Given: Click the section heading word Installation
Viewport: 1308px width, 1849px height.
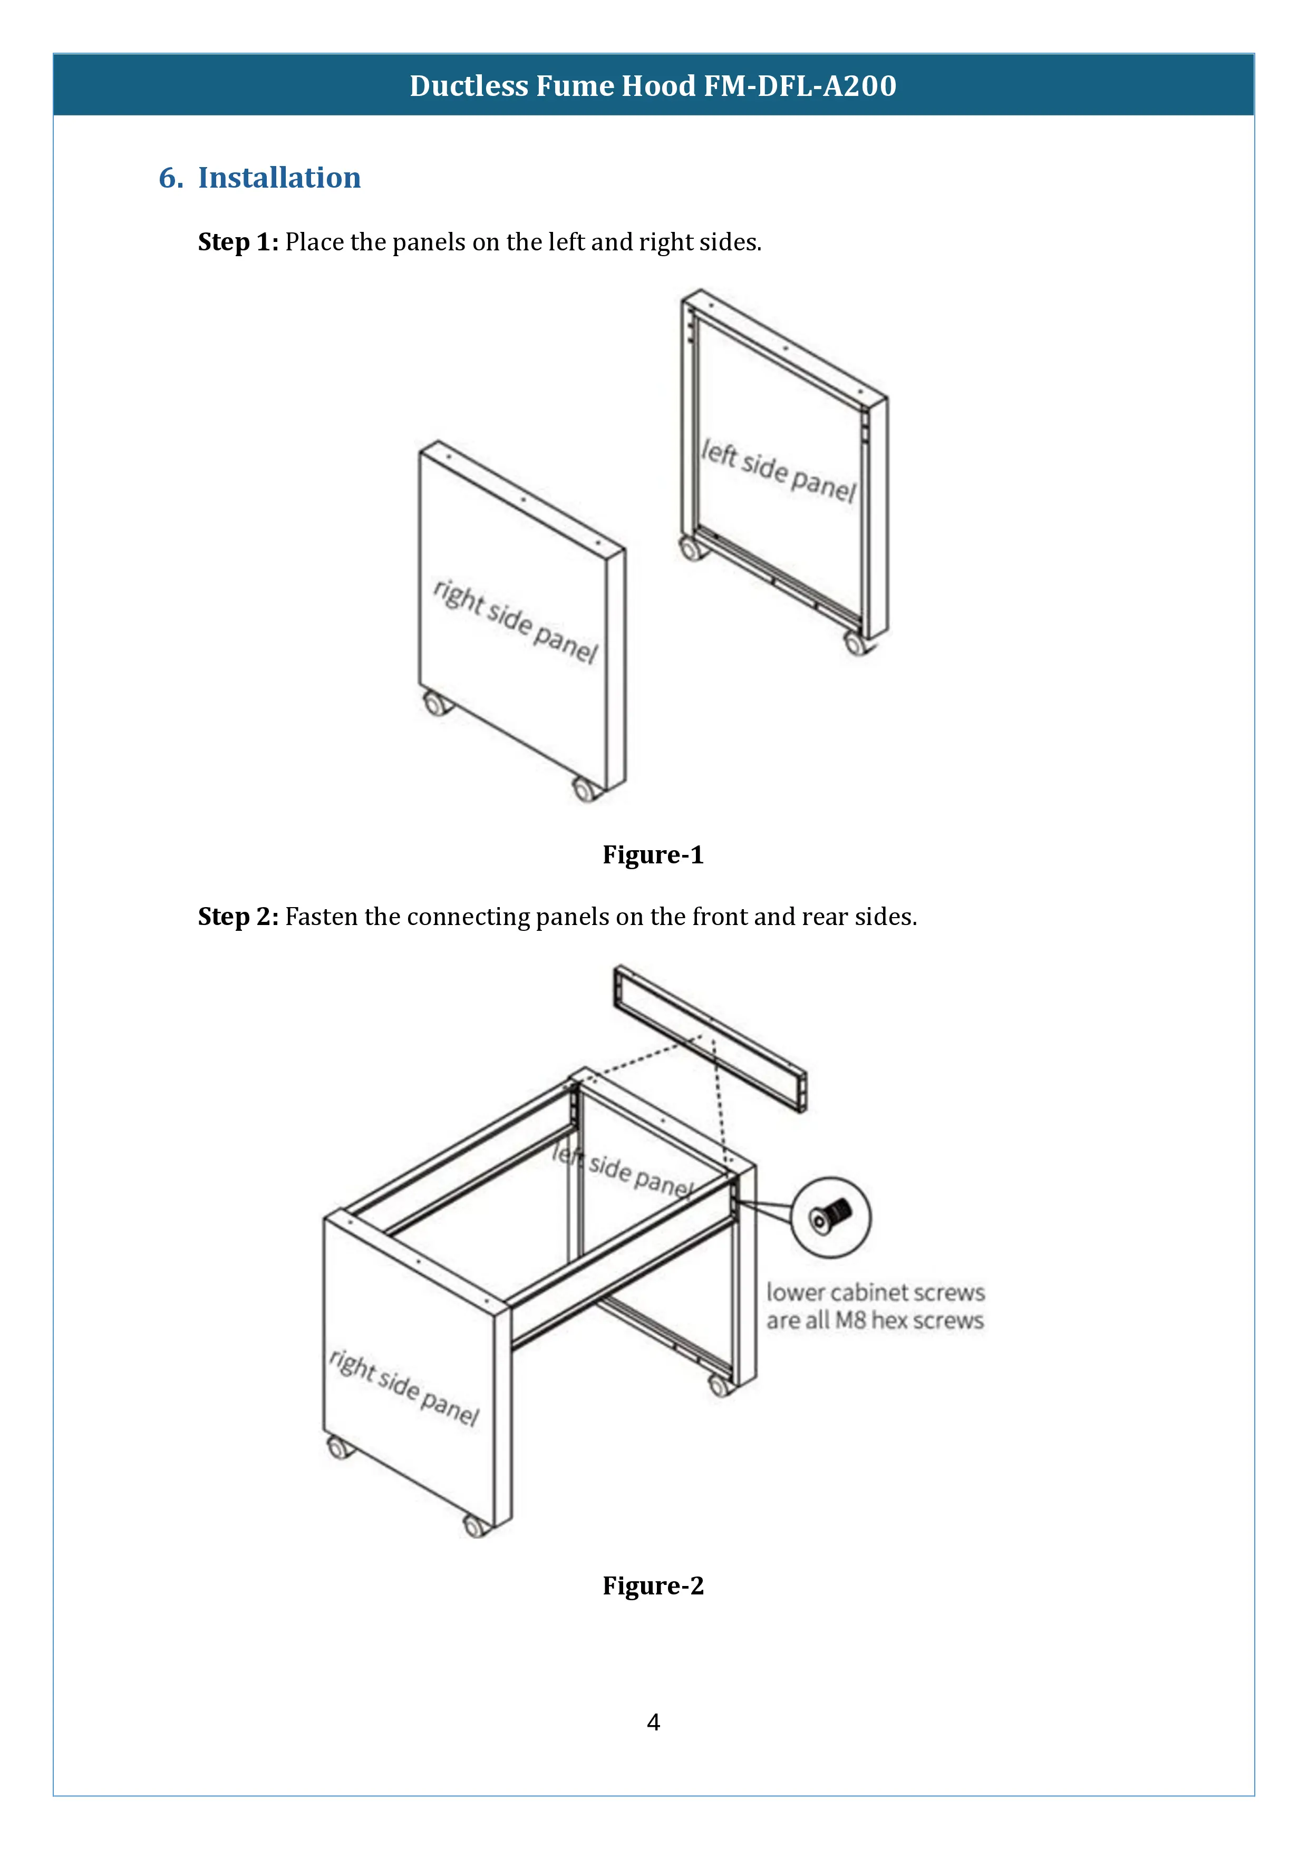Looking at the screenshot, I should [279, 178].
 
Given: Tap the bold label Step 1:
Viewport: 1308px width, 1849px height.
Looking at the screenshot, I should [238, 242].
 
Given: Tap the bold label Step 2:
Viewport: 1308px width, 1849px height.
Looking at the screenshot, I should [238, 917].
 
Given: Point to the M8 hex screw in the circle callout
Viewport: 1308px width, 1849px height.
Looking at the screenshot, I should [830, 1216].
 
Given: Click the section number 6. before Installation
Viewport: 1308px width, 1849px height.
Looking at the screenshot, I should [171, 178].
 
